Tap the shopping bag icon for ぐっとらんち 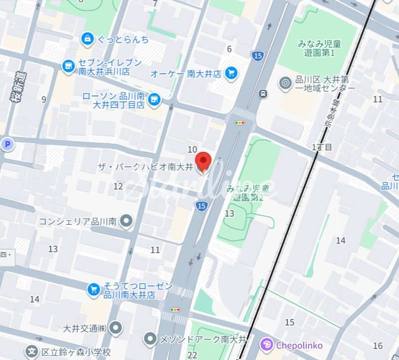[88, 39]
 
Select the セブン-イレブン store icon [68, 65]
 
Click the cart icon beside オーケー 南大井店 [230, 73]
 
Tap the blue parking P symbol [7, 145]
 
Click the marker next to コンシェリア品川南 [127, 220]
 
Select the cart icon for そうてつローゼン [93, 289]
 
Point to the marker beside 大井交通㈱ [116, 328]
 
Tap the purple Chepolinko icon [267, 345]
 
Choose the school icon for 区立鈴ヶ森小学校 [32, 352]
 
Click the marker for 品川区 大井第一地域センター [285, 83]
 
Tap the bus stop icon [262, 93]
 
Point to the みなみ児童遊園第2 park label [247, 193]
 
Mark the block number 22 [193, 355]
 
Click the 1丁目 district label [322, 147]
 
